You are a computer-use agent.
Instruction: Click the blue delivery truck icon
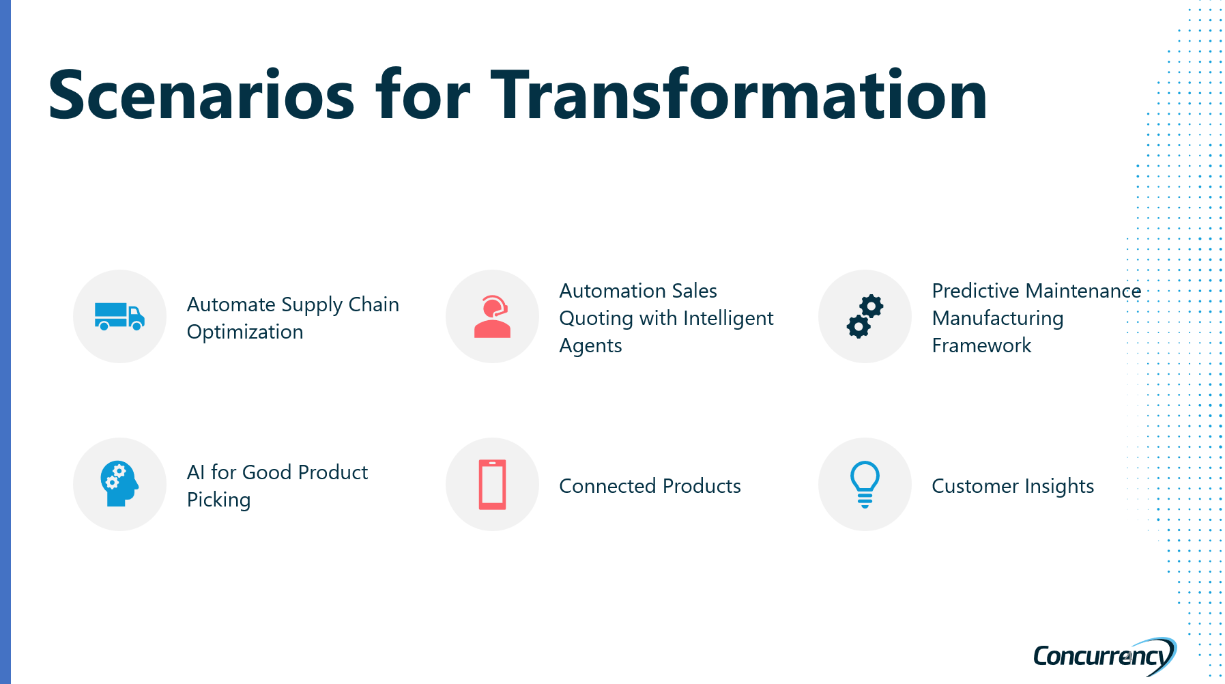pyautogui.click(x=119, y=316)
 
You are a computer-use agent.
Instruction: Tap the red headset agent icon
pyautogui.click(x=492, y=316)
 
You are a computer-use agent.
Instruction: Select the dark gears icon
pyautogui.click(x=865, y=316)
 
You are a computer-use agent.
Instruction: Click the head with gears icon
pyautogui.click(x=119, y=484)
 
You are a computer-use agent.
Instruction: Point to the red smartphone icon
pyautogui.click(x=492, y=485)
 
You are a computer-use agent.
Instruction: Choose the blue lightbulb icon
pyautogui.click(x=865, y=485)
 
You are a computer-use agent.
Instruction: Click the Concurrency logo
pyautogui.click(x=1104, y=656)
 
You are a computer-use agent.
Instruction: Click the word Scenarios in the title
pyautogui.click(x=201, y=95)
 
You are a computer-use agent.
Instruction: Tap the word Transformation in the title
pyautogui.click(x=739, y=95)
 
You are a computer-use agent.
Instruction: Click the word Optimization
pyautogui.click(x=245, y=332)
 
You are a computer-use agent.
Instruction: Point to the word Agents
pyautogui.click(x=590, y=346)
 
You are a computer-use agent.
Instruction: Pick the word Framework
pyautogui.click(x=981, y=345)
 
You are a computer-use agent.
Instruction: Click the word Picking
pyautogui.click(x=218, y=500)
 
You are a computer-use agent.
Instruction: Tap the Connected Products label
pyautogui.click(x=650, y=486)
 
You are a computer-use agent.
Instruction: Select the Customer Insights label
pyautogui.click(x=1013, y=486)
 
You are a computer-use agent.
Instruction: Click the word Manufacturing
pyautogui.click(x=998, y=319)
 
